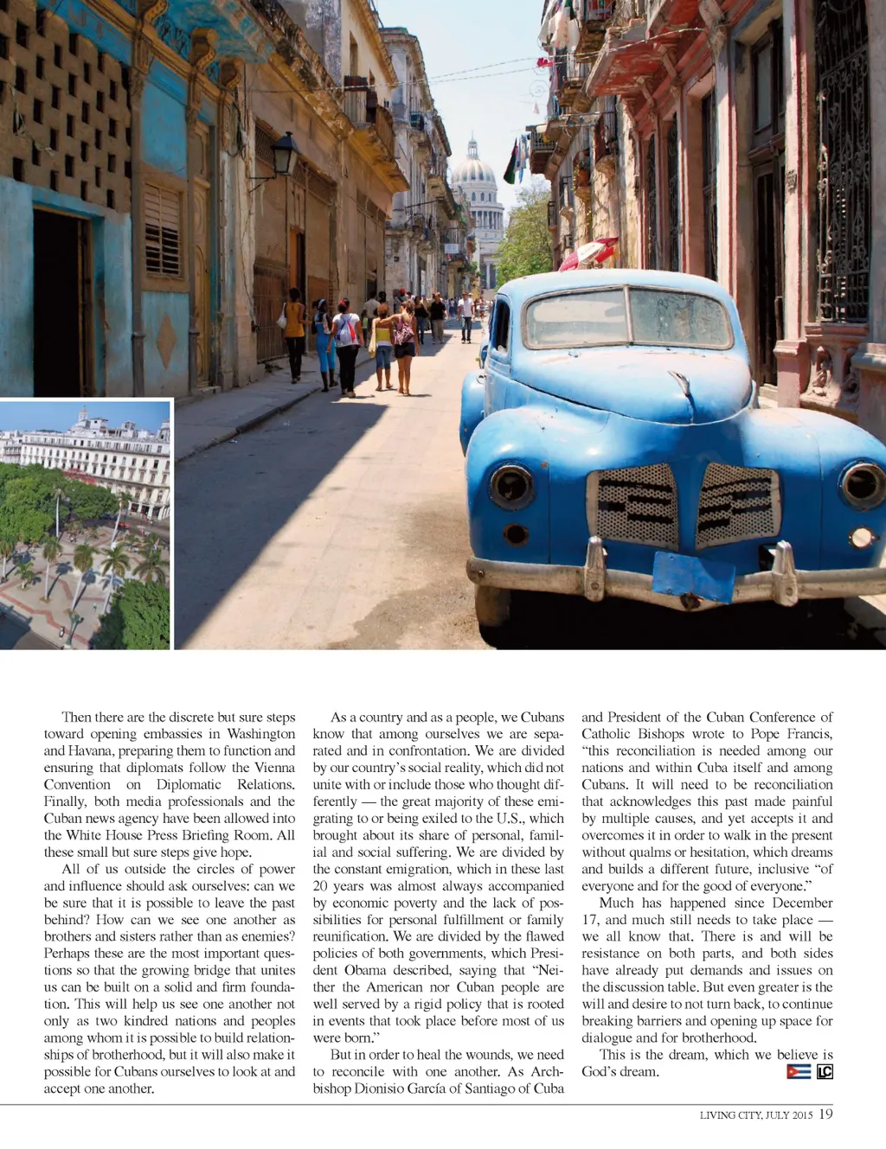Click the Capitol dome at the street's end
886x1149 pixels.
(x=473, y=163)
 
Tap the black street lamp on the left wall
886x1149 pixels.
(x=283, y=156)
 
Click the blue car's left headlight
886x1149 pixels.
(x=510, y=486)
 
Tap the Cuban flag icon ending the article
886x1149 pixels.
(x=798, y=1071)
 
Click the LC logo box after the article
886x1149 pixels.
(x=825, y=1071)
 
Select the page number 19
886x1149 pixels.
(x=825, y=1114)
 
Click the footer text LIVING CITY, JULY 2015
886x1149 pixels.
(x=755, y=1115)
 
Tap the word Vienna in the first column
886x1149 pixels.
(x=274, y=767)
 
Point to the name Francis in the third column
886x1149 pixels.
(x=809, y=733)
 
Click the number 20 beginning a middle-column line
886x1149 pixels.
(x=320, y=886)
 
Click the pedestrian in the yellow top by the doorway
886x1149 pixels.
(x=294, y=333)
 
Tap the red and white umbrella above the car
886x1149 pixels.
(x=589, y=252)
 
